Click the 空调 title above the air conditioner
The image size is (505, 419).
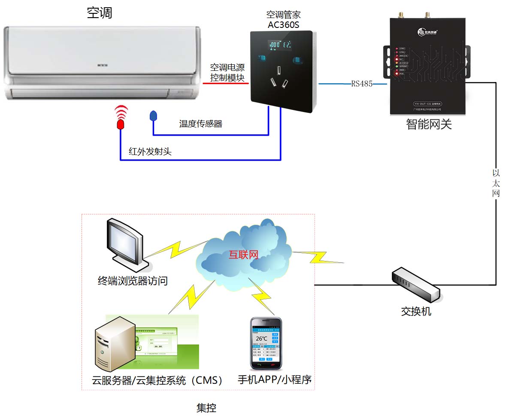pos(100,13)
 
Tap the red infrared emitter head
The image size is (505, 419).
pos(121,124)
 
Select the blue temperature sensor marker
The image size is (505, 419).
pos(153,115)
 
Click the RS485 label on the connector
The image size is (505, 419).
pos(362,84)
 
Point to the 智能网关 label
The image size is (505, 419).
pos(429,124)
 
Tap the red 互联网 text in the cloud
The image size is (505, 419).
pos(243,255)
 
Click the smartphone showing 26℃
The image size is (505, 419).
pos(266,344)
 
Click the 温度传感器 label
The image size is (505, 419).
pos(201,124)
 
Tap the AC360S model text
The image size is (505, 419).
pos(283,25)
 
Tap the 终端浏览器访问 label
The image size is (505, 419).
pos(133,281)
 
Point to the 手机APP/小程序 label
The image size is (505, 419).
pos(275,380)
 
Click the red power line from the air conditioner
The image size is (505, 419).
pos(225,83)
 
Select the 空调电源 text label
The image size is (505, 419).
pos(227,67)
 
